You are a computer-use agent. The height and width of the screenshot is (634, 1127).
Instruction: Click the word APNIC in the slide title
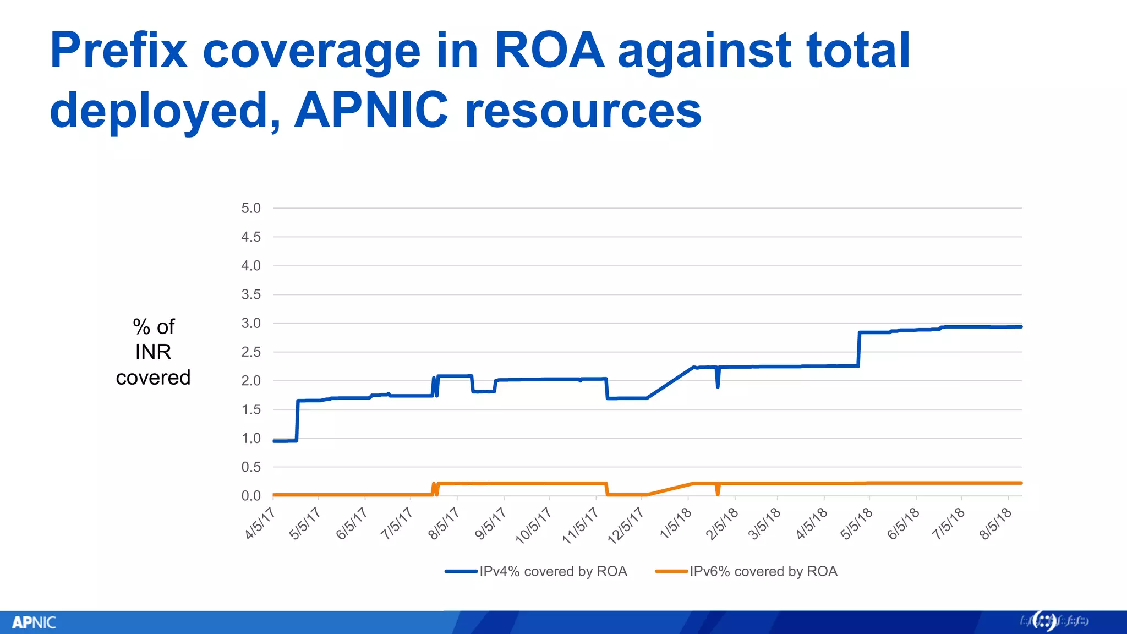pyautogui.click(x=371, y=110)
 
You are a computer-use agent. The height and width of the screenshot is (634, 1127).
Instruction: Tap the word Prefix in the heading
pyautogui.click(x=118, y=51)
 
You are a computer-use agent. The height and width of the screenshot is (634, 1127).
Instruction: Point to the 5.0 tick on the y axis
pyautogui.click(x=250, y=208)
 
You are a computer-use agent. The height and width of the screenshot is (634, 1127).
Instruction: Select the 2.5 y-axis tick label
pyautogui.click(x=250, y=352)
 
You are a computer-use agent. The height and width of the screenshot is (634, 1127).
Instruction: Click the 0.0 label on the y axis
pyautogui.click(x=250, y=496)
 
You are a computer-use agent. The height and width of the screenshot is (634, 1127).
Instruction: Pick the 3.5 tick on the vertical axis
pyautogui.click(x=250, y=294)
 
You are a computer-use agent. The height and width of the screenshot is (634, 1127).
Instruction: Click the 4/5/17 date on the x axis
pyautogui.click(x=260, y=523)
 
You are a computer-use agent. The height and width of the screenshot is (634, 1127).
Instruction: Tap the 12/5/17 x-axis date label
pyautogui.click(x=625, y=526)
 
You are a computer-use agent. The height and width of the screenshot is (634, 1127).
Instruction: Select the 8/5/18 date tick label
pyautogui.click(x=995, y=523)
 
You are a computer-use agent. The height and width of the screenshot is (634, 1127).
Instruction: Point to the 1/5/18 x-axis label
pyautogui.click(x=675, y=523)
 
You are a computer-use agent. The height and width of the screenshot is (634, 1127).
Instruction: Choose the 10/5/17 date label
pyautogui.click(x=533, y=526)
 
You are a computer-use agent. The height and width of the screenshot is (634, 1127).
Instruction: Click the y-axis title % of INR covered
pyautogui.click(x=154, y=352)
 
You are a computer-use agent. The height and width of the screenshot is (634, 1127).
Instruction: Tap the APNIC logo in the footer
pyautogui.click(x=34, y=622)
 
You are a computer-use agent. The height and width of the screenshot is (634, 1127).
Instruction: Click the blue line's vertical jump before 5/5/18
pyautogui.click(x=858, y=349)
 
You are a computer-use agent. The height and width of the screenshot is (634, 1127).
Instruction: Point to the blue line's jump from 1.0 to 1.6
pyautogui.click(x=297, y=421)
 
